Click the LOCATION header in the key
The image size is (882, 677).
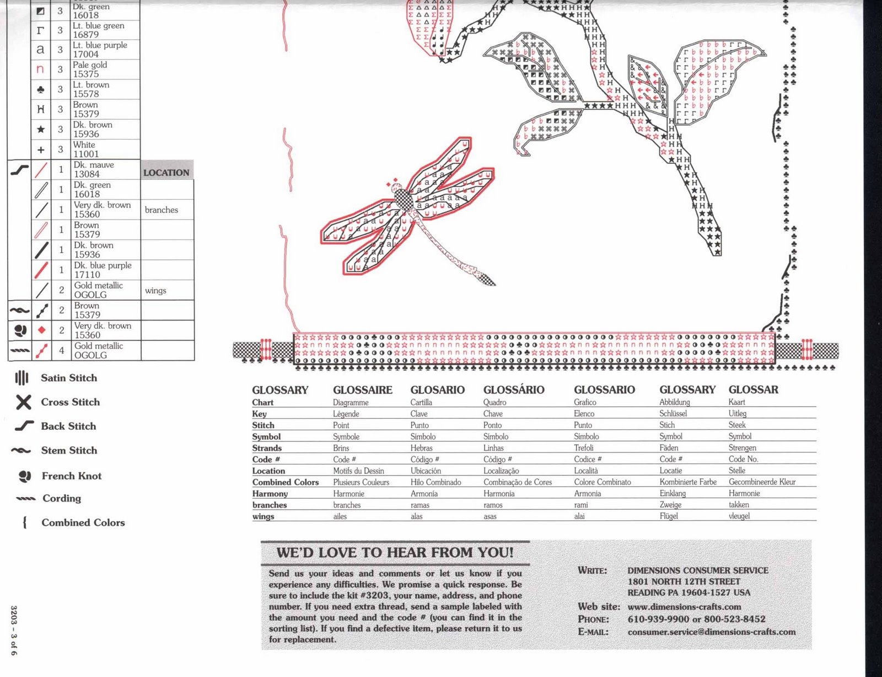(x=166, y=173)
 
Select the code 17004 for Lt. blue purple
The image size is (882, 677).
(x=86, y=54)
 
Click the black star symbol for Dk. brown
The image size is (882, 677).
(x=40, y=130)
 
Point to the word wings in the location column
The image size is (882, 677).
(x=155, y=290)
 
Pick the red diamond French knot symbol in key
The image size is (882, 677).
(x=42, y=330)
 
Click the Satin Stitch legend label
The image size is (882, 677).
(x=69, y=378)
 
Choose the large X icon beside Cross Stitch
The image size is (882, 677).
(x=23, y=402)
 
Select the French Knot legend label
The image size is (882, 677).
(x=72, y=476)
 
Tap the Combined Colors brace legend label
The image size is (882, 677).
(x=83, y=523)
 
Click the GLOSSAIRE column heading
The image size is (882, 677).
(x=362, y=390)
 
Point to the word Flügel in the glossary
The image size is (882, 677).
(x=669, y=516)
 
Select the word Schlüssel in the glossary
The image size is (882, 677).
(x=673, y=413)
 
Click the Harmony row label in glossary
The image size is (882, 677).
(x=270, y=494)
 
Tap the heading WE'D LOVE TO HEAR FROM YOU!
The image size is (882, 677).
(x=395, y=552)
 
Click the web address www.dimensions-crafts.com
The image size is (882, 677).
(x=684, y=606)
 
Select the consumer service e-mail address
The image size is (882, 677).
(x=711, y=632)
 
